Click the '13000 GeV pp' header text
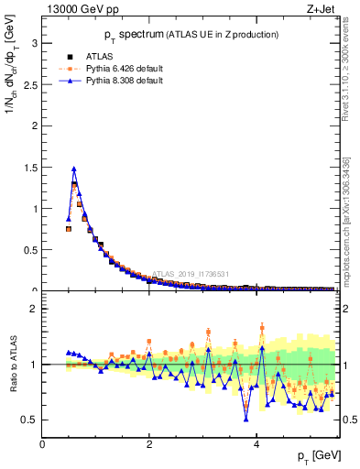click(82, 10)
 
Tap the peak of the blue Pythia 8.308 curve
click(73, 169)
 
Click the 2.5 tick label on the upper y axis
click(29, 84)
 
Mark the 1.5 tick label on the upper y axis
click(29, 167)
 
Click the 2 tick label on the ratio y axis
click(33, 309)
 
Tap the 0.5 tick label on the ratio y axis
click(29, 420)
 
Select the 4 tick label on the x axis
click(256, 444)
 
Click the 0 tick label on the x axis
click(42, 444)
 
